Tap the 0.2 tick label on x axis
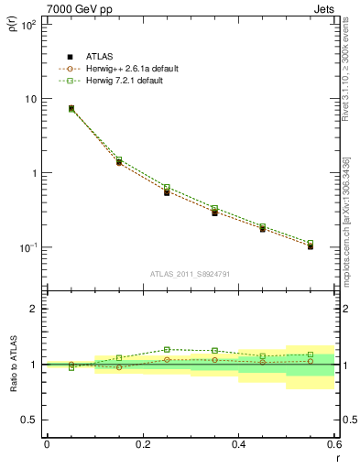point(142,444)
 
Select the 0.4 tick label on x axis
point(238,444)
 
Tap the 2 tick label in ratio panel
point(34,309)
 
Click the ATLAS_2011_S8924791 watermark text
point(190,274)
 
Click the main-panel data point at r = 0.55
point(311,245)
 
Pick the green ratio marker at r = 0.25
point(167,349)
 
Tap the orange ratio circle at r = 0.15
point(119,367)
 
